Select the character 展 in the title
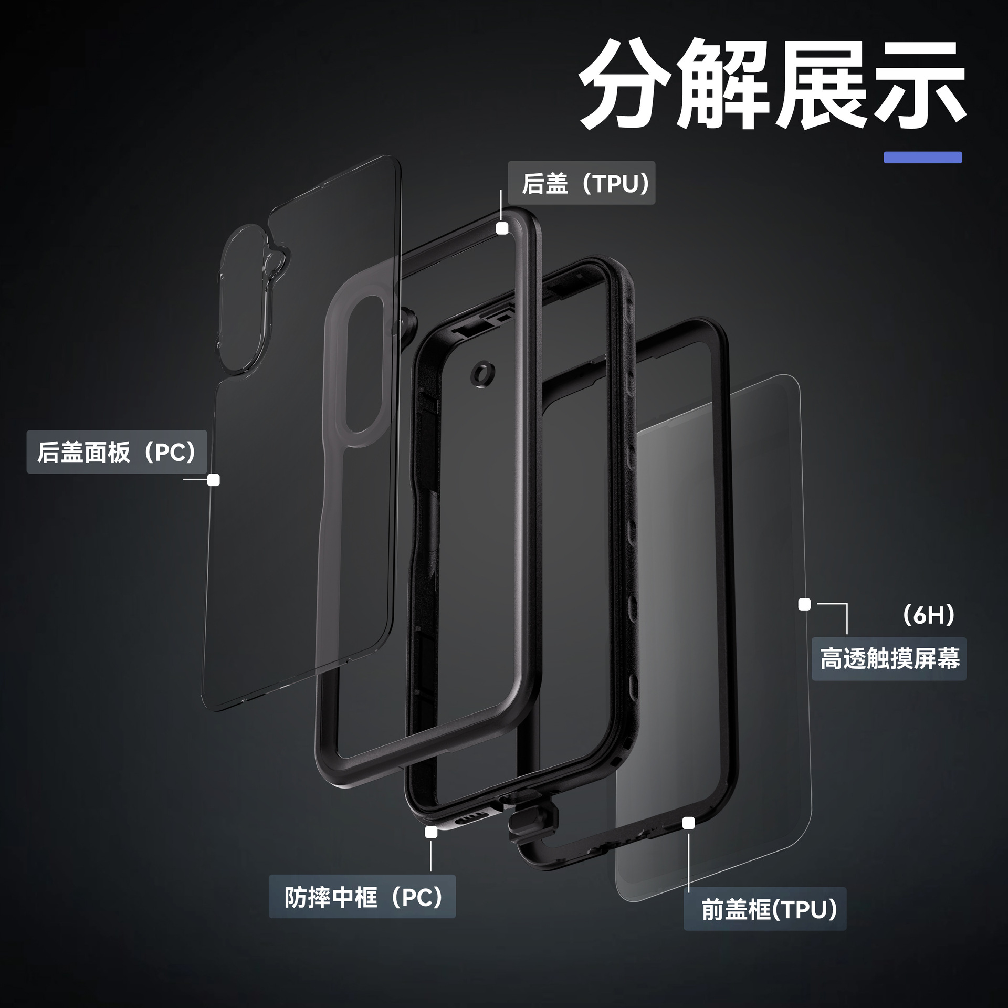point(822,84)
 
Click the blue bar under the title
point(922,157)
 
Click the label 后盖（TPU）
point(582,183)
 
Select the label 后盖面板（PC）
point(117,452)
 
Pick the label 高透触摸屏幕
point(889,659)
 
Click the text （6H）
point(928,615)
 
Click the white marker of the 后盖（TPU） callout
point(502,228)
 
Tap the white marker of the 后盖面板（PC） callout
point(214,480)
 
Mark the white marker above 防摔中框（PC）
point(432,832)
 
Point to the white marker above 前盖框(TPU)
point(688,823)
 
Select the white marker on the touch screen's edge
point(804,604)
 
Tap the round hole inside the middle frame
point(483,374)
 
